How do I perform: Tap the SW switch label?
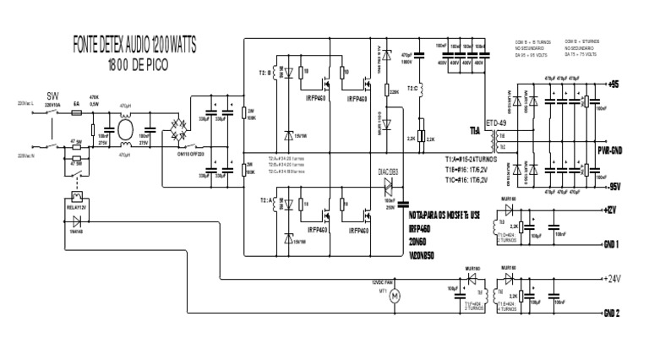coord(54,96)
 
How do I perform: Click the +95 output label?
coord(614,84)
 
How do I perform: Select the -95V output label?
coord(616,185)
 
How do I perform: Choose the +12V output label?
coord(614,206)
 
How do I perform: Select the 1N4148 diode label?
coord(78,231)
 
